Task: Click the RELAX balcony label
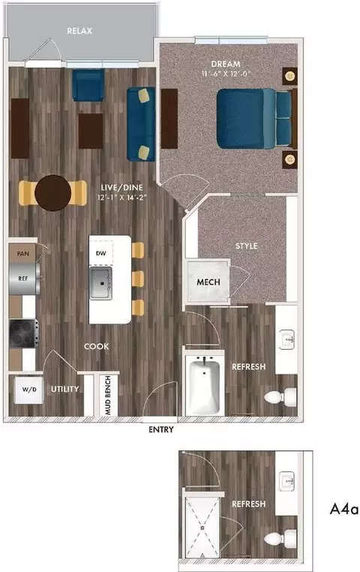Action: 81,32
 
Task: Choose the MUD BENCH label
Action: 107,396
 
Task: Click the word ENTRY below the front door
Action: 161,430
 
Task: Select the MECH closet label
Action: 208,283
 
